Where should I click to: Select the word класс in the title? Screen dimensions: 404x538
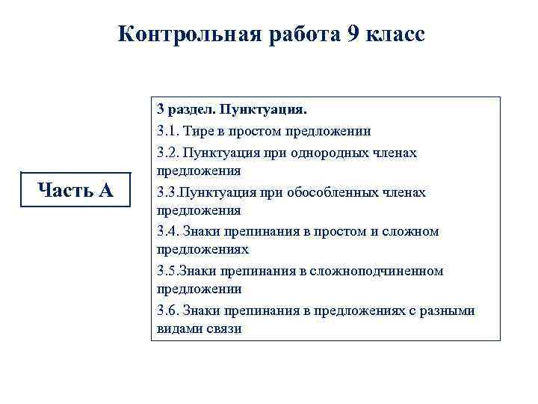(x=395, y=34)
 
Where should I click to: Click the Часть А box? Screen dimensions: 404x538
(x=75, y=191)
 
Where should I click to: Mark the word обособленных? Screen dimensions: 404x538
(x=327, y=193)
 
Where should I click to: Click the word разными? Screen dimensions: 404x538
(x=449, y=310)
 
